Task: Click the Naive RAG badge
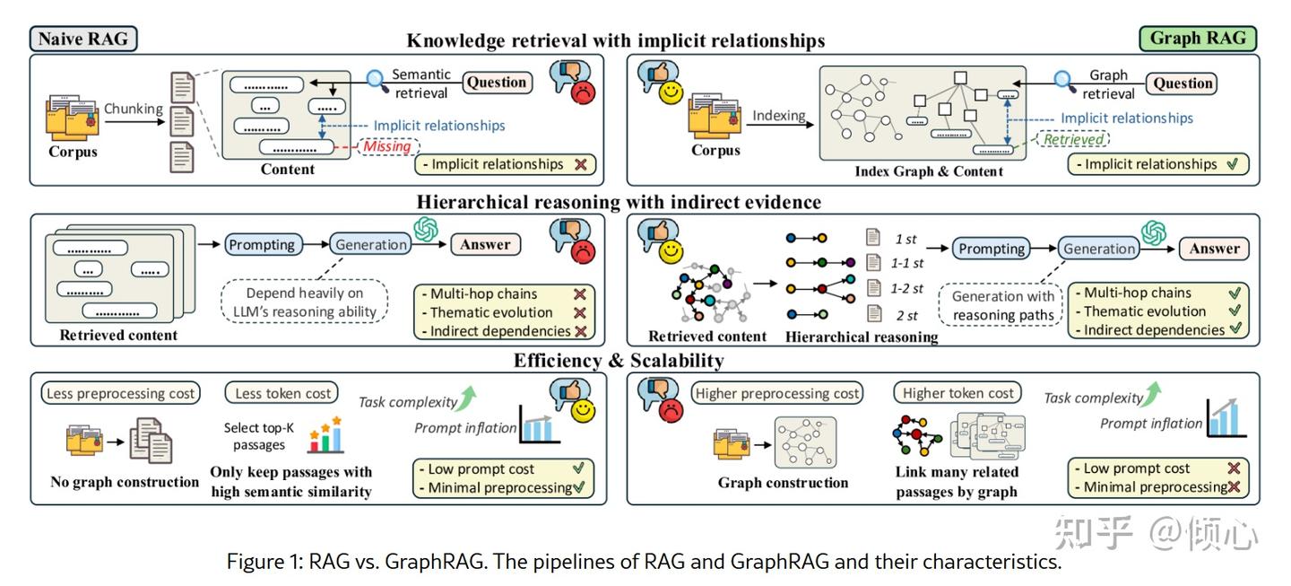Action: click(83, 39)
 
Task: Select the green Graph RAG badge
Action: click(1198, 39)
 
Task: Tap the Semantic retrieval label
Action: click(421, 83)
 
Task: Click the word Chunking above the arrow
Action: click(134, 109)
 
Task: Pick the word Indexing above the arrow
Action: click(779, 115)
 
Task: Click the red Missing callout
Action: click(386, 146)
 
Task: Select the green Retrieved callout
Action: click(1072, 139)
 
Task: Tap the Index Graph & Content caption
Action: click(928, 171)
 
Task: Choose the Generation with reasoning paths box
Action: click(1002, 306)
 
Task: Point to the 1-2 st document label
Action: click(907, 289)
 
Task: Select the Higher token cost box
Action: click(957, 393)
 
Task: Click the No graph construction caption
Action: click(125, 482)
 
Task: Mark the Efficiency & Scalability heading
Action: click(618, 361)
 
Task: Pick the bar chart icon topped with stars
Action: click(325, 434)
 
